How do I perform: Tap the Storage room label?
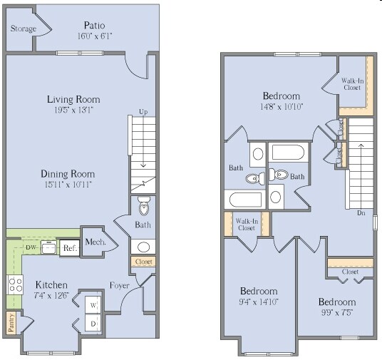(24, 29)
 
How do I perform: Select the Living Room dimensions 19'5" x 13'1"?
(83, 110)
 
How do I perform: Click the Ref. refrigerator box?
(69, 248)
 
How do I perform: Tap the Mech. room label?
(95, 242)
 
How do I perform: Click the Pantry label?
(11, 322)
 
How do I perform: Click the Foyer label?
(119, 287)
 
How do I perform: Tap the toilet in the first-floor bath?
(145, 207)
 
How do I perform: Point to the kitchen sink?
(48, 247)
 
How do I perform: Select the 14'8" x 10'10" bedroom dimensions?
(282, 106)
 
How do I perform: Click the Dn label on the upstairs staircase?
(361, 212)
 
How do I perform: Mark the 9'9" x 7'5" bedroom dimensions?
(337, 312)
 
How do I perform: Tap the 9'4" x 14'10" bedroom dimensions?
(258, 301)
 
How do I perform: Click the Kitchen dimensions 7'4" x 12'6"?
(51, 295)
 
